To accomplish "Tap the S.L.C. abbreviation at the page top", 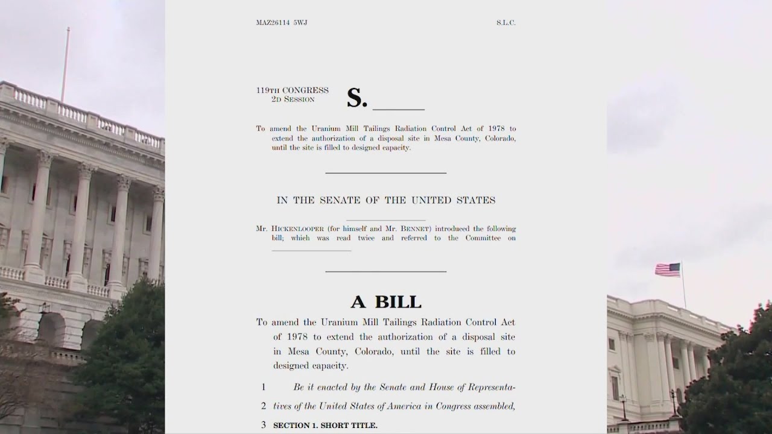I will click(506, 23).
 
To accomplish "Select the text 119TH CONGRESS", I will click(293, 91).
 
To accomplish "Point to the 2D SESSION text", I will click(293, 99).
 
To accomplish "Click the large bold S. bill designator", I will click(356, 99).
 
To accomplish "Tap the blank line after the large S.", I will click(398, 108).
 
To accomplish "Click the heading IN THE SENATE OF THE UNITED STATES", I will click(386, 200).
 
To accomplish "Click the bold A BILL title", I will click(386, 301).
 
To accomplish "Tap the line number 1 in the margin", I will click(264, 387).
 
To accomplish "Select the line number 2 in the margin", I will click(264, 406).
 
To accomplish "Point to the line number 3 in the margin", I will click(264, 426).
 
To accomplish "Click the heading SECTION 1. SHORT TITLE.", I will click(326, 426).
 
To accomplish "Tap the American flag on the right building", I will click(668, 269).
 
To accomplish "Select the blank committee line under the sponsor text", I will click(311, 250).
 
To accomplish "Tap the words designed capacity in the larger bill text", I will click(311, 366).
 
